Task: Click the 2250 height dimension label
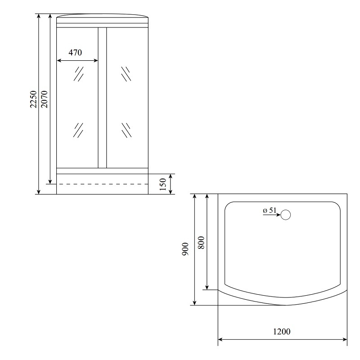[33, 99]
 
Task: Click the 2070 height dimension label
[44, 99]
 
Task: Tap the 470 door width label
[75, 53]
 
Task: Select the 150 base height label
[162, 184]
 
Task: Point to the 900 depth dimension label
[185, 249]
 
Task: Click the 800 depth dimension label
[201, 243]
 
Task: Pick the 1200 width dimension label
[282, 332]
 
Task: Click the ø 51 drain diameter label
[270, 210]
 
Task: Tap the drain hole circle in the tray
[286, 215]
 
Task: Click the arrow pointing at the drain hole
[272, 215]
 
